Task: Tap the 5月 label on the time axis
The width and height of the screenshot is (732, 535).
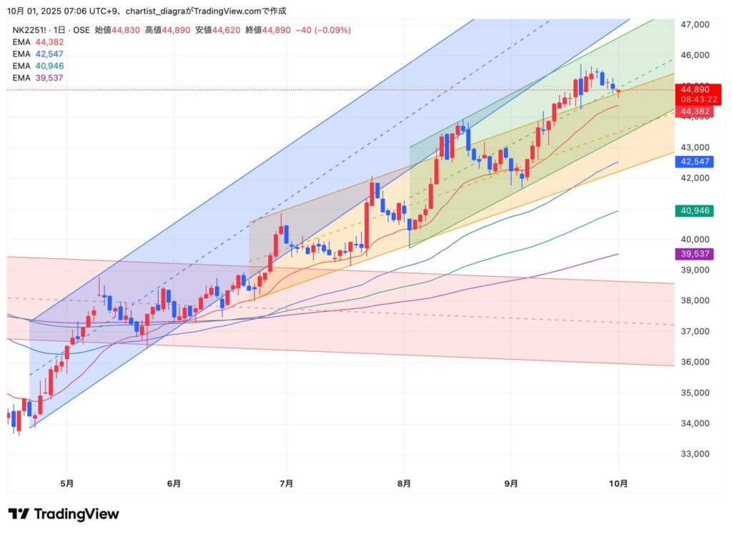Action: (x=66, y=483)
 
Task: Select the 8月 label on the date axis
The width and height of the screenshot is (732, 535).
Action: (x=405, y=483)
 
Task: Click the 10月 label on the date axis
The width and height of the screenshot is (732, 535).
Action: (x=619, y=483)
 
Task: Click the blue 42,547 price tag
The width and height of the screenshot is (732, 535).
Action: (x=693, y=162)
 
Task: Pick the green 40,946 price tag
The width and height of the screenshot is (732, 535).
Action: (x=693, y=211)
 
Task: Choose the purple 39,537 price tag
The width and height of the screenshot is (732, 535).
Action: (x=693, y=254)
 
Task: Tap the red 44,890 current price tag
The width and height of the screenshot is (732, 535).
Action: (x=694, y=89)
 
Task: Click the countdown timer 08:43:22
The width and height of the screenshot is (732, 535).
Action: (x=694, y=99)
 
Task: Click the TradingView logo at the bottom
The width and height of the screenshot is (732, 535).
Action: (x=64, y=514)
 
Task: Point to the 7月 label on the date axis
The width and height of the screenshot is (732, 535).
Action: (x=286, y=483)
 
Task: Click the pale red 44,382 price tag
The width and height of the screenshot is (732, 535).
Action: (x=693, y=112)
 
